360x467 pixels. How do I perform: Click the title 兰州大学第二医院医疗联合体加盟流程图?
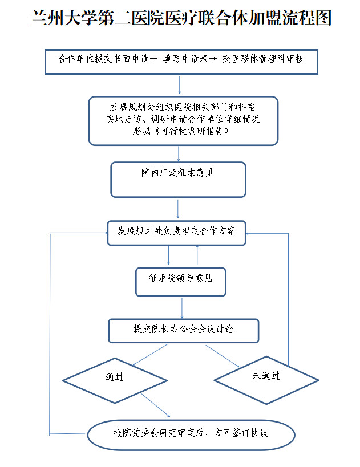[x=180, y=19]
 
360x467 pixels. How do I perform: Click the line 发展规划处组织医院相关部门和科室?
[x=183, y=107]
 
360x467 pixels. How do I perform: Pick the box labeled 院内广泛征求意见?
[x=178, y=179]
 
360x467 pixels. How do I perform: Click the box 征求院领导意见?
[x=180, y=281]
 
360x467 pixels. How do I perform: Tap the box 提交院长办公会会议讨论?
[x=183, y=330]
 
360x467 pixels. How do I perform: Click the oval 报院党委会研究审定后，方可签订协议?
[x=191, y=434]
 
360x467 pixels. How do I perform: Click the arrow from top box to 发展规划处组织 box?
[x=180, y=84]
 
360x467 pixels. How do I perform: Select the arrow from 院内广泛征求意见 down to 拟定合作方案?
[x=178, y=209]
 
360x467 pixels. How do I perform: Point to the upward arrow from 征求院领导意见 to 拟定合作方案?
[x=197, y=255]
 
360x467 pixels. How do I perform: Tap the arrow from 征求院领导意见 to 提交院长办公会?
[x=181, y=308]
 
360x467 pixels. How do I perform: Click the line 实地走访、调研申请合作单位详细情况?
[x=183, y=119]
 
